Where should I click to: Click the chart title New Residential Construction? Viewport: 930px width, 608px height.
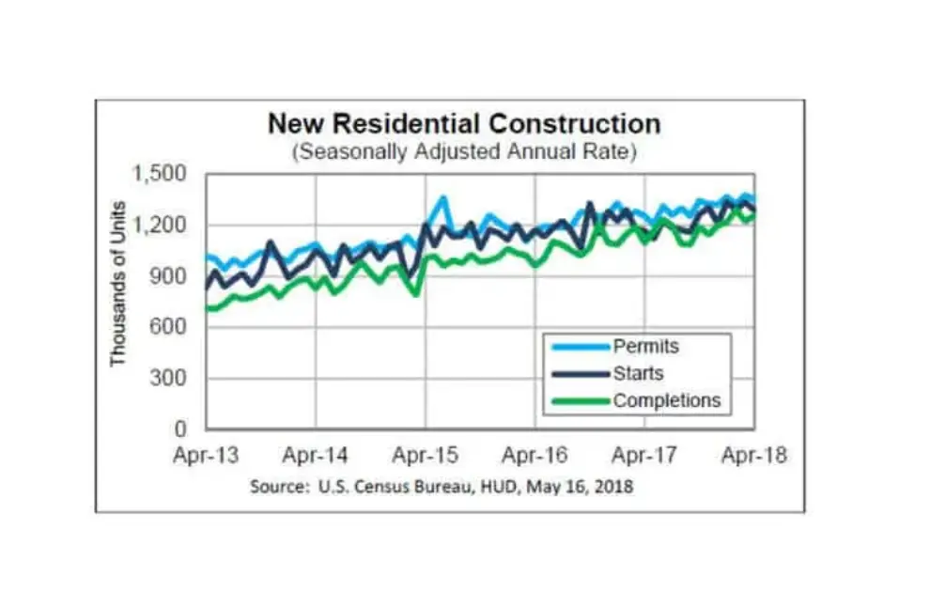tap(463, 124)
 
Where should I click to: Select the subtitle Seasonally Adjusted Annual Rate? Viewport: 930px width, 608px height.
tap(463, 151)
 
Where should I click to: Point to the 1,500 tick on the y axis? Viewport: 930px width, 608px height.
tap(162, 175)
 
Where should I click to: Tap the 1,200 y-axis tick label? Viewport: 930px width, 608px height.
tap(162, 226)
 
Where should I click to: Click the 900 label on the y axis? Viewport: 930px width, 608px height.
tap(170, 277)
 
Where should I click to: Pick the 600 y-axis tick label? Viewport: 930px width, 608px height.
tap(170, 328)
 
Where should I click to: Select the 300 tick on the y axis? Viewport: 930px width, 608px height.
tap(170, 379)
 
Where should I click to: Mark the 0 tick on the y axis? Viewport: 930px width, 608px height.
tap(182, 429)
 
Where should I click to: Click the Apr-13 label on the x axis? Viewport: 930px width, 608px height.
tap(206, 456)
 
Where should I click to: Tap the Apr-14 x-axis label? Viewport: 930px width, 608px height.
tap(315, 456)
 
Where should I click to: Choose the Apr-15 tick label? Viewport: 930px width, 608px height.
tap(425, 456)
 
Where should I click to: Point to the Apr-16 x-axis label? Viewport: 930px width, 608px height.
tap(535, 456)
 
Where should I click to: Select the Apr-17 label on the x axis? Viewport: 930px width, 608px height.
tap(644, 456)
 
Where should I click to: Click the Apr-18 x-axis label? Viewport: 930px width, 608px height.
tap(754, 456)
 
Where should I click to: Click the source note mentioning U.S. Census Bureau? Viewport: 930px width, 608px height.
tap(442, 487)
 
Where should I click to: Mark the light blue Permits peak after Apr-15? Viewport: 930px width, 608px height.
tap(442, 198)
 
